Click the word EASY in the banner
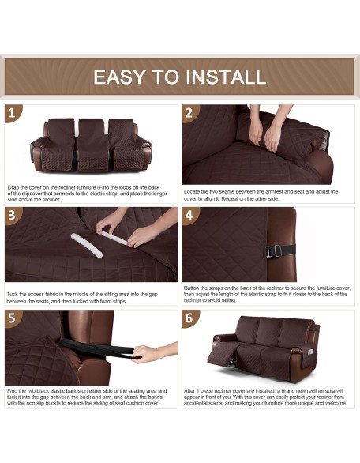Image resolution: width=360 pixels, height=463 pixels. pos(119,77)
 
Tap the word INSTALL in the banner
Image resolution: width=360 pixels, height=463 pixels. pos(226,77)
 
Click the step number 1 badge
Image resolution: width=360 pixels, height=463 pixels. pos(13,113)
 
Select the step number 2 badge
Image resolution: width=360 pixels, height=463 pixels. pos(189,113)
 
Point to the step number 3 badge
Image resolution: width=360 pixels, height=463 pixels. pos(13,215)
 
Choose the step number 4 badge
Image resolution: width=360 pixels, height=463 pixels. pos(189,215)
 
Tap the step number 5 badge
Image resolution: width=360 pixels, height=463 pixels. pos(13,318)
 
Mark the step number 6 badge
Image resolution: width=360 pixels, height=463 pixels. pos(189,318)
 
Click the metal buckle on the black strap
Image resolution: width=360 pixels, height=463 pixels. pos(273,251)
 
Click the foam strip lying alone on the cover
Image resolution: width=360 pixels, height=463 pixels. pos(86,245)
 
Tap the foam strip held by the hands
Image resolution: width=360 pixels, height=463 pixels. pos(114,238)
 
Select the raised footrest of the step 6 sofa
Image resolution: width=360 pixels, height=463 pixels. pos(221,353)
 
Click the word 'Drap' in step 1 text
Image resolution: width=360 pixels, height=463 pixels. pos(13,187)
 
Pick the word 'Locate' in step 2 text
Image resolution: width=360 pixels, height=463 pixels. pos(192,192)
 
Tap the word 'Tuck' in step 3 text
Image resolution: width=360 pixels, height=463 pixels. pos(12,295)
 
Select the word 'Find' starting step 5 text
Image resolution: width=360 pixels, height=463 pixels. pos(12,391)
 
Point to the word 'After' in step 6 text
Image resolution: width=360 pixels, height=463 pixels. pos(189,391)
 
